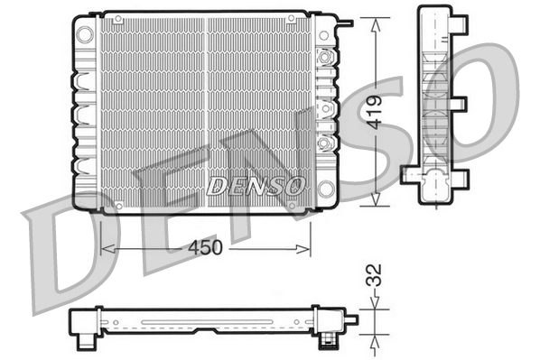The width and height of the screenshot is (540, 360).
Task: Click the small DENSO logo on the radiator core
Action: pos(256,186)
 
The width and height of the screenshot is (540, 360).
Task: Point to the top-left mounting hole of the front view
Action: pos(84,33)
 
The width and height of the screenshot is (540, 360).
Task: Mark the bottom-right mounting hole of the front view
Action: pos(326,189)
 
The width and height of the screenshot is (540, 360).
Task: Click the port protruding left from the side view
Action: pos(407,174)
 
